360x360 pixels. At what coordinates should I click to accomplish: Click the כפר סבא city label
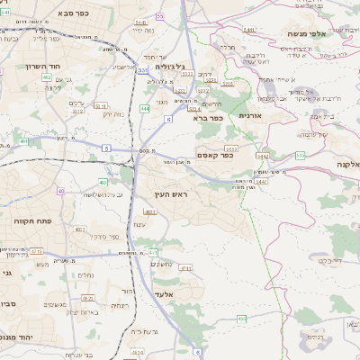(x=47, y=14)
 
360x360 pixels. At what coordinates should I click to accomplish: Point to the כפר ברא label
(x=207, y=117)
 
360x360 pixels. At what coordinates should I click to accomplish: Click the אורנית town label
(x=249, y=116)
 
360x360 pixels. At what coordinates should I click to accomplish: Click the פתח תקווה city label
(x=31, y=220)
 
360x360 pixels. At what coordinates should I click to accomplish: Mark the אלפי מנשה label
(x=308, y=33)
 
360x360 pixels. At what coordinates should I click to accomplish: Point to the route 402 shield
(x=46, y=78)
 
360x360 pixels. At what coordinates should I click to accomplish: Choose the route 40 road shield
(x=61, y=191)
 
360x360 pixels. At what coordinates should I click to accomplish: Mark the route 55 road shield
(x=160, y=16)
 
